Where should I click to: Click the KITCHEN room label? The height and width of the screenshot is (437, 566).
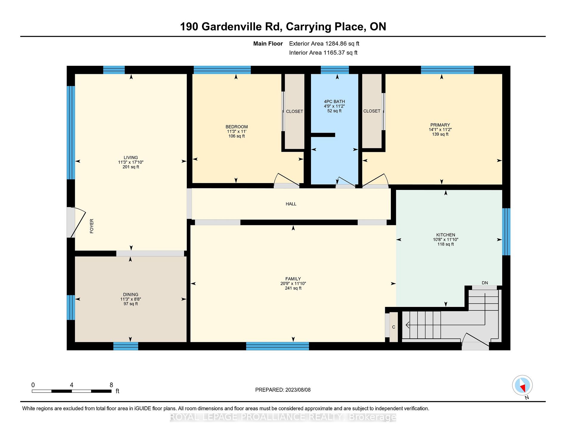(446, 235)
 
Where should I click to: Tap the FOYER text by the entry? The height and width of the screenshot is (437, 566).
(92, 226)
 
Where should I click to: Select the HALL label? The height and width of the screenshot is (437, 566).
(291, 204)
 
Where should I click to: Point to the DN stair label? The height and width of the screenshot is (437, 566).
(485, 283)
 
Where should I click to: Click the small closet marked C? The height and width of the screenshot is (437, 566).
(394, 327)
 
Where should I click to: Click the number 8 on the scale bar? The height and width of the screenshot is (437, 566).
(111, 385)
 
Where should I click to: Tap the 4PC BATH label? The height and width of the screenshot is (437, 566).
(335, 102)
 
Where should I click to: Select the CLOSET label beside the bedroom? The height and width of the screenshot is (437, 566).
(295, 111)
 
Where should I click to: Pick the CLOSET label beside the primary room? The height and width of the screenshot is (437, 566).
(372, 111)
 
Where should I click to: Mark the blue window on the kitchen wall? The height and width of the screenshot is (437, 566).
(506, 232)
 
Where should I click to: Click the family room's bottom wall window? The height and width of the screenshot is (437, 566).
(278, 346)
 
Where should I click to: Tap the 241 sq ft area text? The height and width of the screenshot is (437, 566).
(293, 288)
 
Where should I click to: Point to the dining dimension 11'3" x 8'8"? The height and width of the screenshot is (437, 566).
(130, 299)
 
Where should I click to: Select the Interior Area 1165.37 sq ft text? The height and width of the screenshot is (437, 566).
(323, 53)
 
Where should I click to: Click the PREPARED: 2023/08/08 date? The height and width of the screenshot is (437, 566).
(283, 390)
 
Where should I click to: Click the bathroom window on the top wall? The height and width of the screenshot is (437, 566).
(335, 70)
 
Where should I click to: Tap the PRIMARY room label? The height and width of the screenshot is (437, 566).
(440, 125)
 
